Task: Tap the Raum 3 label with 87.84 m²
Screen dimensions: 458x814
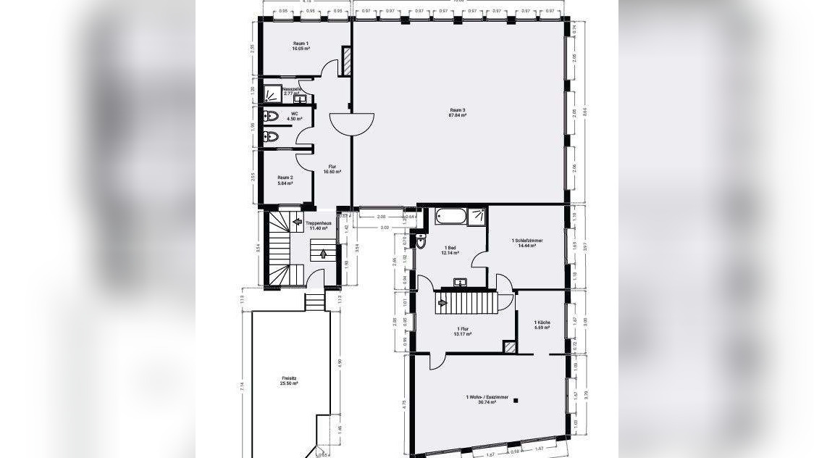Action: point(458,112)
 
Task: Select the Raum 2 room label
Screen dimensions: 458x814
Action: point(285,180)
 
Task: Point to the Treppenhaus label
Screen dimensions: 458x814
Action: point(319,225)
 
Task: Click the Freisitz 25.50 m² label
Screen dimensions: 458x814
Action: point(290,380)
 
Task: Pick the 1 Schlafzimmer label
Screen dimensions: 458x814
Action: point(526,243)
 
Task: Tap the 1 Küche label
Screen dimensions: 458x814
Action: point(542,325)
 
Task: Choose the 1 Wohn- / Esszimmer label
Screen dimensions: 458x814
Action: point(487,399)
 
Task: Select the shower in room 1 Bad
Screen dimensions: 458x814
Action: point(477,216)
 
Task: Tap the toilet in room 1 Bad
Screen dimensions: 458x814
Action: point(421,242)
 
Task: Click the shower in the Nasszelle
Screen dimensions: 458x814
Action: point(273,93)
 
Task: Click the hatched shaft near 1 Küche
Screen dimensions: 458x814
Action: point(511,348)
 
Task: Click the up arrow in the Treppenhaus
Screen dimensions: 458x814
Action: point(323,254)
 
